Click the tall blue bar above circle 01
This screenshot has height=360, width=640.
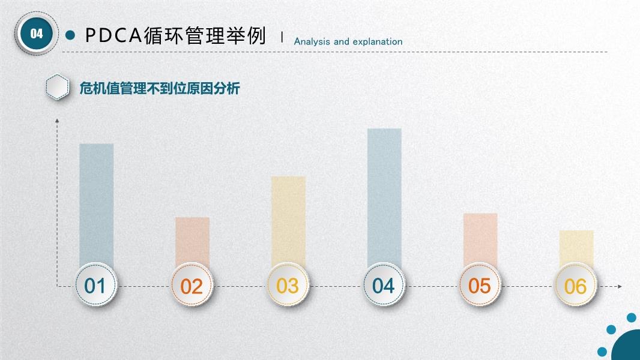tap(96, 204)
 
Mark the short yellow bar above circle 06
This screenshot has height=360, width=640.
tap(576, 248)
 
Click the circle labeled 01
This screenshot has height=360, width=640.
tap(96, 284)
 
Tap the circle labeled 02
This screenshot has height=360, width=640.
tap(192, 284)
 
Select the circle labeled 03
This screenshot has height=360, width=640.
tap(288, 284)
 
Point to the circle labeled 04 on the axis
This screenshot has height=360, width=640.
tap(384, 284)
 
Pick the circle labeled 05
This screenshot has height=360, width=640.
tap(480, 284)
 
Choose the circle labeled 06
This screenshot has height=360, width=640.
tap(576, 284)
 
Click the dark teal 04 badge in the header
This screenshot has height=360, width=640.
tap(37, 34)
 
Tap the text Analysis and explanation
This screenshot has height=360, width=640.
tap(348, 41)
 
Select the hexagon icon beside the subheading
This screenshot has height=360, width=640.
tap(57, 87)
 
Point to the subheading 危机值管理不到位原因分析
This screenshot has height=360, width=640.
tap(160, 88)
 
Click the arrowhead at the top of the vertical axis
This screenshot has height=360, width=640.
tap(57, 120)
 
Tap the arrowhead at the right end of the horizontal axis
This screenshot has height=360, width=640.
tap(620, 286)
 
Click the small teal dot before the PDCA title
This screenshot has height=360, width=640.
tap(70, 35)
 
